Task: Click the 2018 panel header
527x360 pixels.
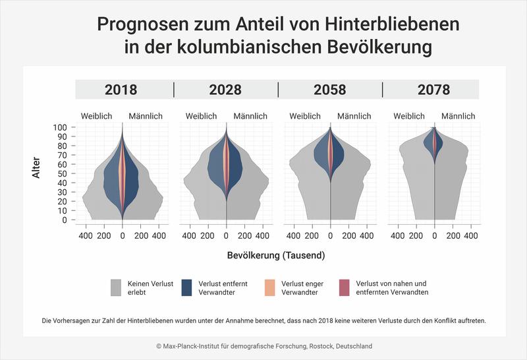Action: pos(121,90)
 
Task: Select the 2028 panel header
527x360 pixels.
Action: pos(225,90)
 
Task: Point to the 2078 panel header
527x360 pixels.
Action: pos(433,90)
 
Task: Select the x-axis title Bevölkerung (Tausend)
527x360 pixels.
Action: pos(276,255)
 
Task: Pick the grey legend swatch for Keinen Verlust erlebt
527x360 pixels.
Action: pos(117,287)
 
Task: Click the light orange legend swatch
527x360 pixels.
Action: pos(270,287)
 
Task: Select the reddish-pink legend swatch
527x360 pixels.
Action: pos(344,287)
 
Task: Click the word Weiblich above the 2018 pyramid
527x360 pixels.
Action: pos(97,116)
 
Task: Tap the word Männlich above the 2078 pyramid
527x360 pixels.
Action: pos(459,116)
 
